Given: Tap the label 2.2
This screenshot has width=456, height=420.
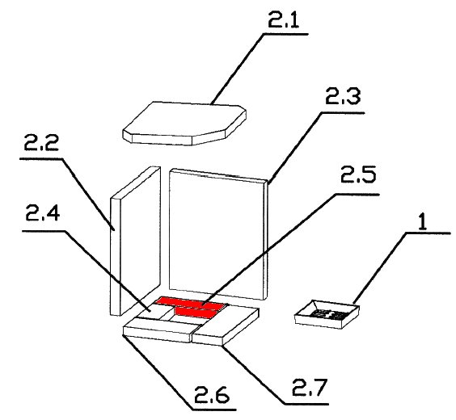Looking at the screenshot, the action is tap(41, 143).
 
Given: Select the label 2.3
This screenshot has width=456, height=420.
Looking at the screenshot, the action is tap(343, 96).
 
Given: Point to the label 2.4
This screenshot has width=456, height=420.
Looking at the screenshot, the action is tap(43, 212).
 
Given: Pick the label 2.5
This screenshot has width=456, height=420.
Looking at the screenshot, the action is tap(358, 174).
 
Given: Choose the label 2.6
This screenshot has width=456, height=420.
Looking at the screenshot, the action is tap(212, 394).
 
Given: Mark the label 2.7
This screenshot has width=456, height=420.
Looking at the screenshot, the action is tap(310, 387).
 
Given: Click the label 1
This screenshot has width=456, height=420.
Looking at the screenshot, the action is tap(423, 222).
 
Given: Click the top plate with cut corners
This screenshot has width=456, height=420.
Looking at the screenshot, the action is tap(184, 124).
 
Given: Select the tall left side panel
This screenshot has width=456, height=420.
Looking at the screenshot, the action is tap(135, 241).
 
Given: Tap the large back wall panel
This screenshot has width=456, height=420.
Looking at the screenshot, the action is tap(218, 234).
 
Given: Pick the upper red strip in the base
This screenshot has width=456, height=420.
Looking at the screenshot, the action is tap(191, 302).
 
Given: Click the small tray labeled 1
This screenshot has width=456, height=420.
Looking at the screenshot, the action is tap(327, 314).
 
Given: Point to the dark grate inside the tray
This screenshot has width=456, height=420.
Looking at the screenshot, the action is tap(327, 314).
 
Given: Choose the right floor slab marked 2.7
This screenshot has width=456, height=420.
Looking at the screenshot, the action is tap(226, 325).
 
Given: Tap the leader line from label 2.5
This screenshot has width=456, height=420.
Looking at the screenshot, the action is tap(290, 250).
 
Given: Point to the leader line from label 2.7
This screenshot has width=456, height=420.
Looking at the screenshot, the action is tap(275, 375).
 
